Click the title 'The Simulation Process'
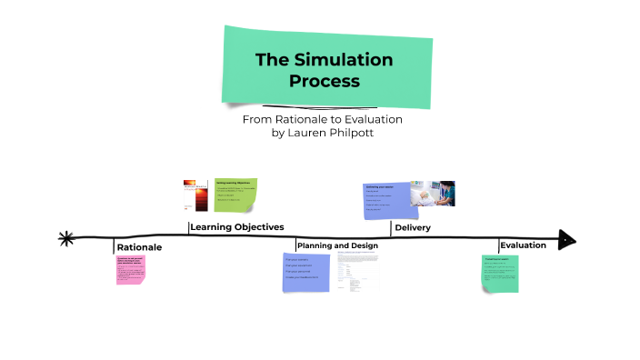(x=324, y=70)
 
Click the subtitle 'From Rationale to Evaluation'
(x=322, y=119)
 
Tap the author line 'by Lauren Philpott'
(x=322, y=133)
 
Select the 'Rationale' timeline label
(x=139, y=247)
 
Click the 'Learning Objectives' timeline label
(x=237, y=226)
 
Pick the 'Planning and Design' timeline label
(x=337, y=245)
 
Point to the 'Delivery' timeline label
(x=412, y=227)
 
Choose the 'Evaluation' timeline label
(x=523, y=245)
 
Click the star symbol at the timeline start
(x=65, y=239)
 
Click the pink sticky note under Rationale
(x=130, y=269)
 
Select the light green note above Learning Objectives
(x=235, y=195)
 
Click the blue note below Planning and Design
(x=307, y=273)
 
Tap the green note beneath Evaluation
(x=500, y=274)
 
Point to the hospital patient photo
(x=433, y=194)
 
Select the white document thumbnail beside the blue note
(x=357, y=270)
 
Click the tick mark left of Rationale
(x=115, y=246)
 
